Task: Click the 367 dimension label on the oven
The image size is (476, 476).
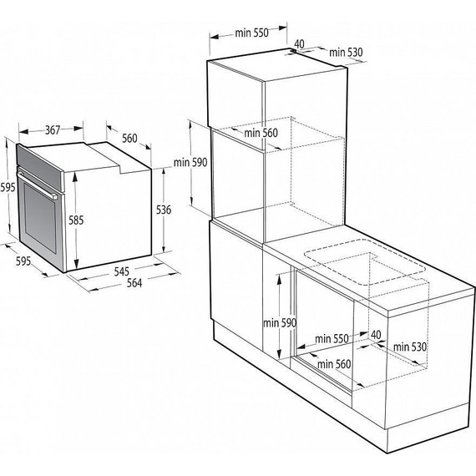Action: [x=52, y=129]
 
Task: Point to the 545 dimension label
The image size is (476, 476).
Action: [x=120, y=271]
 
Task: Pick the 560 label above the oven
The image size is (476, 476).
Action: [x=129, y=138]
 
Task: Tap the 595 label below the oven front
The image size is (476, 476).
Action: [x=23, y=261]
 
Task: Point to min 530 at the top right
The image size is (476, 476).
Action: [x=347, y=53]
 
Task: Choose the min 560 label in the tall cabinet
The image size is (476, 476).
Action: [x=260, y=132]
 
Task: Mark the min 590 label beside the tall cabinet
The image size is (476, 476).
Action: [x=190, y=162]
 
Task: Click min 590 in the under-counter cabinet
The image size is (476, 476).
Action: [x=279, y=322]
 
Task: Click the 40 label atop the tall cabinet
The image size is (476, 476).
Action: [x=298, y=43]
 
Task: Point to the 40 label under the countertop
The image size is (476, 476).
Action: [x=375, y=334]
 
